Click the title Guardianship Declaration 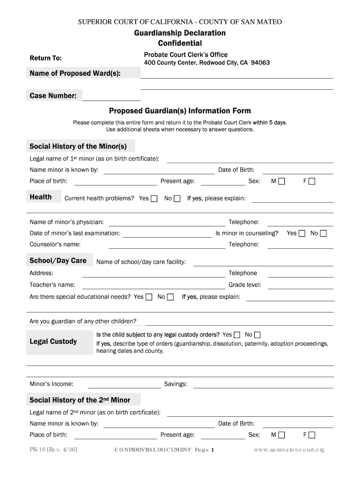pos(180,33)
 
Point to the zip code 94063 pos(260,63)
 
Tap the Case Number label pos(53,96)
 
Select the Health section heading pos(41,197)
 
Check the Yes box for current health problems pos(154,198)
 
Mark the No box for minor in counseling pos(323,233)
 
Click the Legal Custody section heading pos(53,341)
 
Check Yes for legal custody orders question pos(237,335)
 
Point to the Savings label pos(175,384)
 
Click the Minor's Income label pos(51,384)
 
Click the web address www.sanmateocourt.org pos(289,450)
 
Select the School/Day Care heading pos(58,261)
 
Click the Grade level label pos(245,285)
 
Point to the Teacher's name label pos(52,285)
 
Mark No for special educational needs pos(171,297)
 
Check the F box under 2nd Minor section pos(312,435)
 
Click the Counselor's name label pos(55,244)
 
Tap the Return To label pos(46,58)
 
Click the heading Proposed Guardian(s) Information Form pos(180,111)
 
